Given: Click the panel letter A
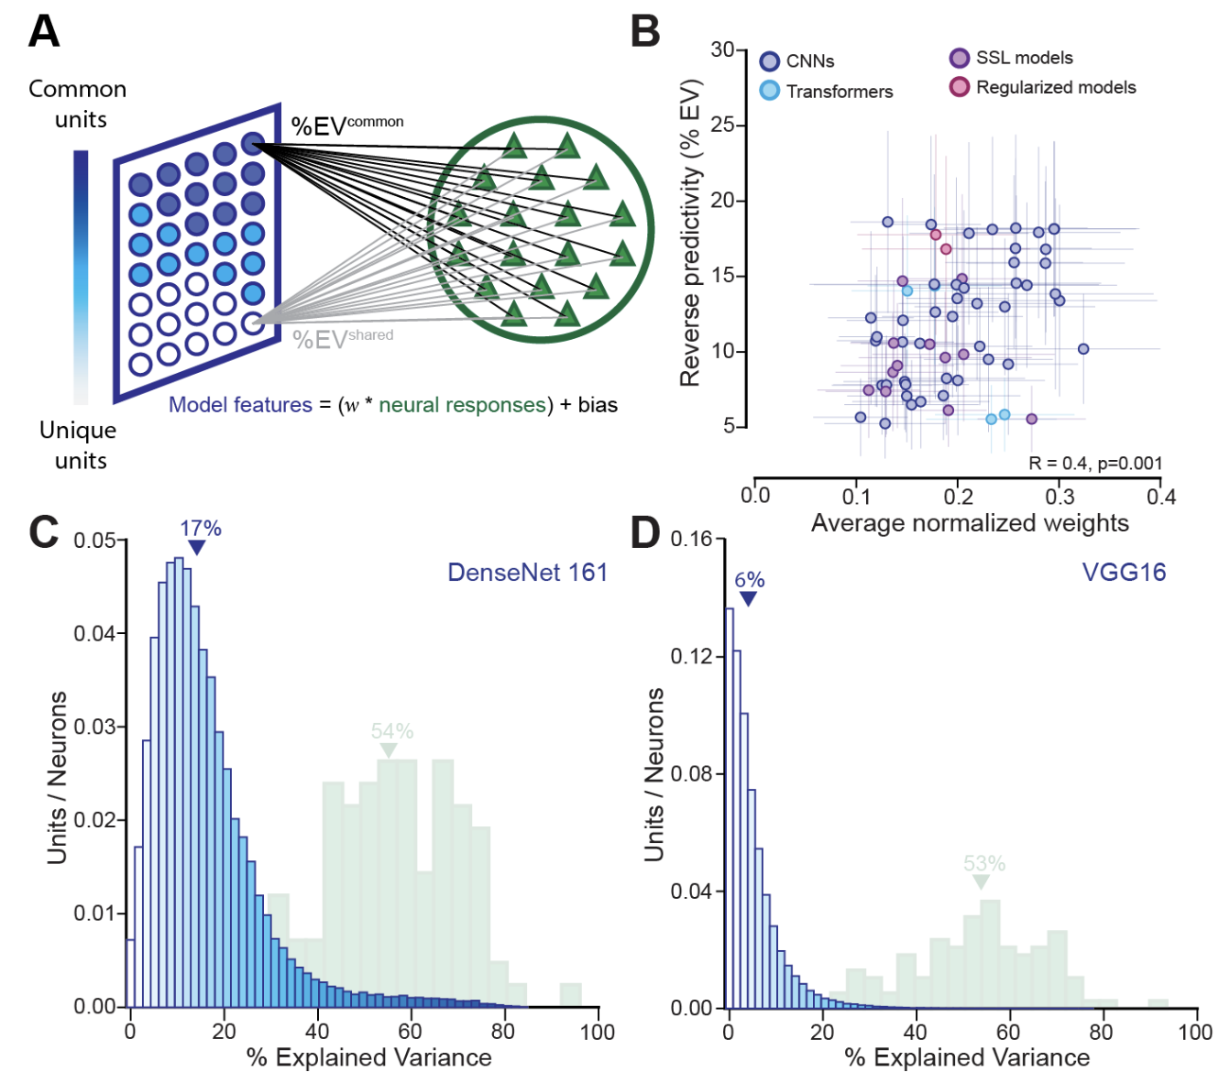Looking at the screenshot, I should [x=44, y=31].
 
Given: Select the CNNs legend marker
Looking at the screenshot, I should [x=770, y=61].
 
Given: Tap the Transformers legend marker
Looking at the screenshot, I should [x=770, y=91].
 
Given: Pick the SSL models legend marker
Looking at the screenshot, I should [x=959, y=58].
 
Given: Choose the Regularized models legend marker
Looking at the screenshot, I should [x=959, y=87].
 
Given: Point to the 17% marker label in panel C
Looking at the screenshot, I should [x=200, y=529].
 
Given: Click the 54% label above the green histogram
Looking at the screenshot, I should [x=392, y=731].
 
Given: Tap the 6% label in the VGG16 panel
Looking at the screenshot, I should [x=749, y=580].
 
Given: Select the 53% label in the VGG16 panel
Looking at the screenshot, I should [x=984, y=864].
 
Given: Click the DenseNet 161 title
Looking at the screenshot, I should [x=527, y=573].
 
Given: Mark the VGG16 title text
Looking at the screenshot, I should [x=1124, y=573].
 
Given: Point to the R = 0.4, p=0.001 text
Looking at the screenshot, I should [x=1094, y=464].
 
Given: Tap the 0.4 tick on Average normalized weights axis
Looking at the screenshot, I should [x=1161, y=497].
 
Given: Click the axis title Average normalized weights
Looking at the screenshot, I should [x=970, y=523].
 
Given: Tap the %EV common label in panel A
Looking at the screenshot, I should [x=347, y=126].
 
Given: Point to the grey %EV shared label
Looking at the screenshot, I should [x=343, y=339].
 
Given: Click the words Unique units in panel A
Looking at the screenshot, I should [x=79, y=445].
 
